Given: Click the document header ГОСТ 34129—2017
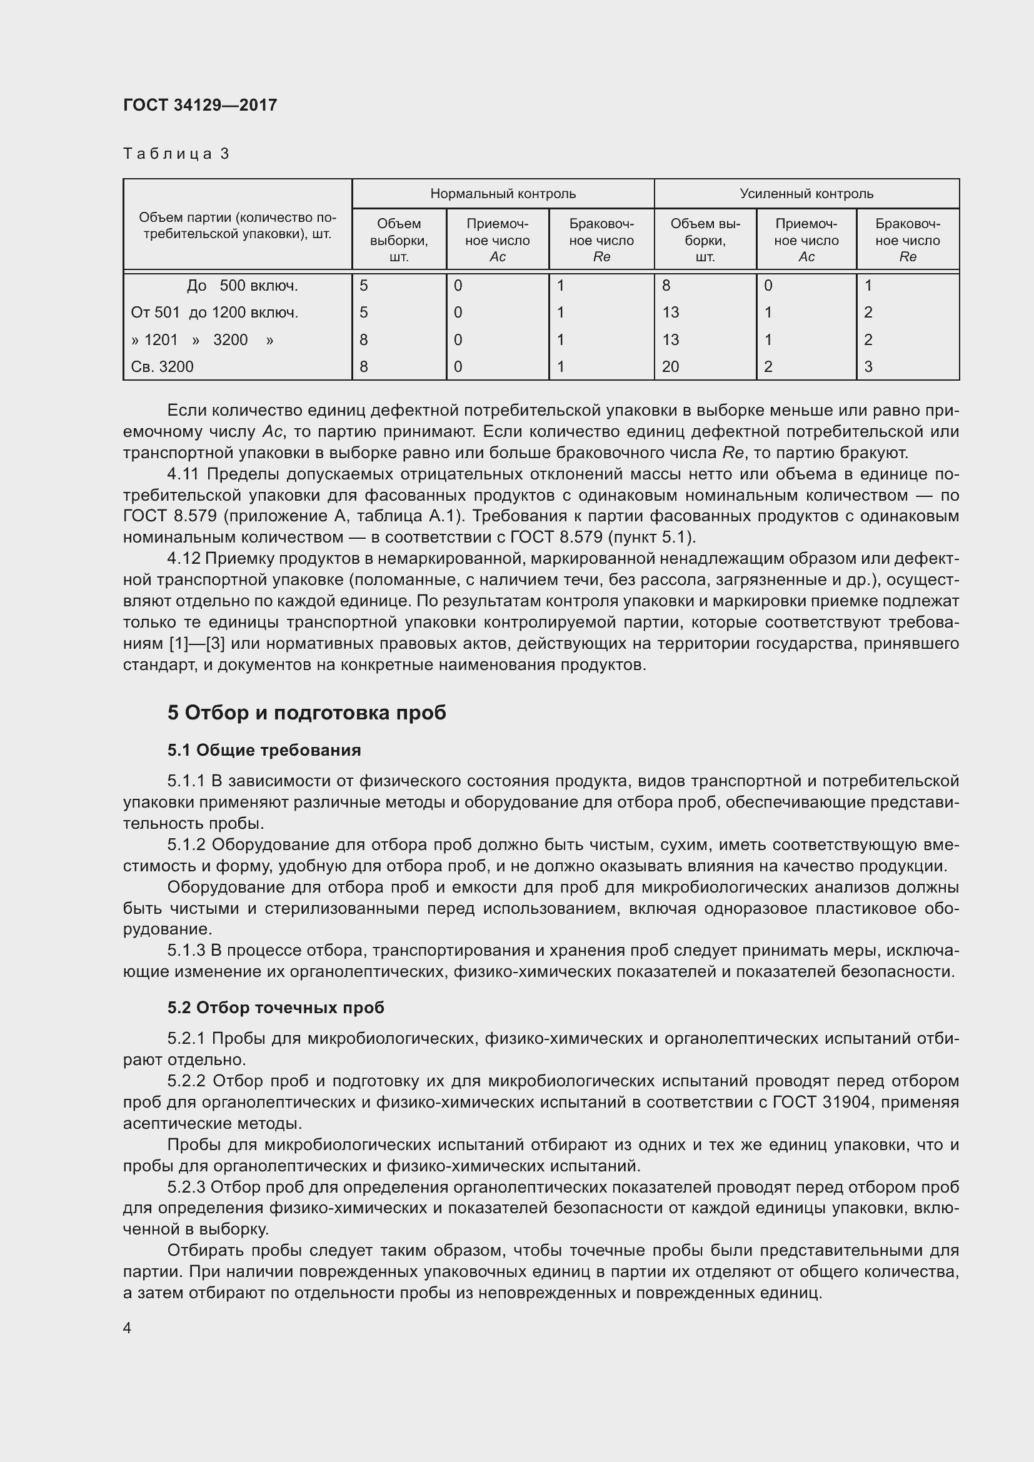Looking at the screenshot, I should (200, 105).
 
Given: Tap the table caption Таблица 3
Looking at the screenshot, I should (176, 154).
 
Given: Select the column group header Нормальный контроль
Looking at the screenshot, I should (503, 194).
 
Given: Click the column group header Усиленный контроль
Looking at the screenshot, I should (806, 194).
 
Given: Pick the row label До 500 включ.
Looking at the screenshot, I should (242, 286).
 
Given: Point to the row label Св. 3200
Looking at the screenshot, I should (162, 367).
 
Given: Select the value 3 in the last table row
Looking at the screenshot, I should (868, 367).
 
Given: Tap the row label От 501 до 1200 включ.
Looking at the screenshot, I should (214, 313).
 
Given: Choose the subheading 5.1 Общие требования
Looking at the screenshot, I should (264, 750).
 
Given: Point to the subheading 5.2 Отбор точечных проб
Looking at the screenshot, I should (276, 1008).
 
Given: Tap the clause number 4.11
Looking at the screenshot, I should (183, 474).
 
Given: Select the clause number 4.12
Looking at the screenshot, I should (183, 559).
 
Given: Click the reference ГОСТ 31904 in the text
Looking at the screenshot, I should (821, 1102).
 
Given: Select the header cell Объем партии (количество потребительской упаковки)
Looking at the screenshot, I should (237, 226).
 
